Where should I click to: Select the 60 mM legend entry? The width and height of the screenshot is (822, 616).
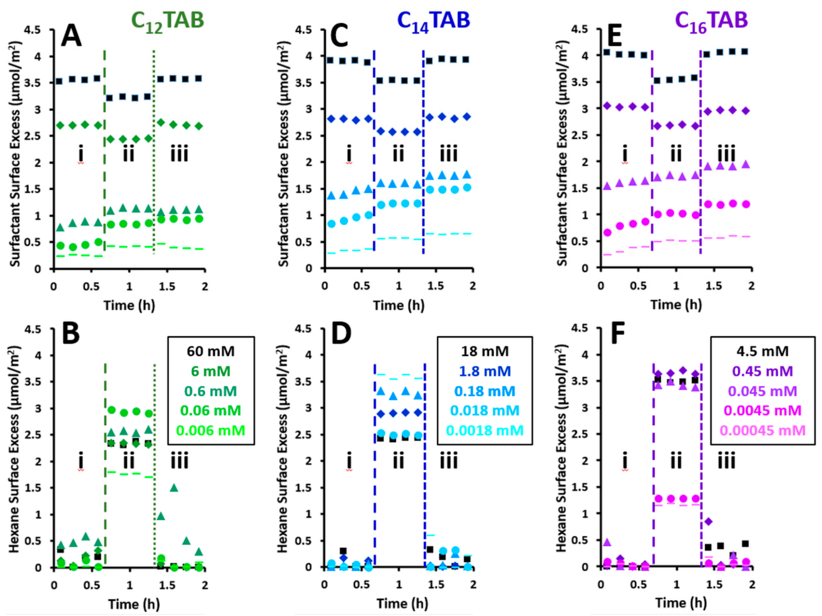pyautogui.click(x=211, y=351)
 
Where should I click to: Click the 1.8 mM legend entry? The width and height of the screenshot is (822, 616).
pyautogui.click(x=485, y=371)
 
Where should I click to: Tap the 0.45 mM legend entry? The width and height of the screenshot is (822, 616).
pyautogui.click(x=763, y=371)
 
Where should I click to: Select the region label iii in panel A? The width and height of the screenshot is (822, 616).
pyautogui.click(x=179, y=154)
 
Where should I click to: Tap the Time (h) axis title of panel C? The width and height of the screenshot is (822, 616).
pyautogui.click(x=399, y=305)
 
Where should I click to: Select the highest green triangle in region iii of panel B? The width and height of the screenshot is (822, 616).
pyautogui.click(x=174, y=488)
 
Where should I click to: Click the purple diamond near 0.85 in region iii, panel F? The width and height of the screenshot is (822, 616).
pyautogui.click(x=708, y=521)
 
